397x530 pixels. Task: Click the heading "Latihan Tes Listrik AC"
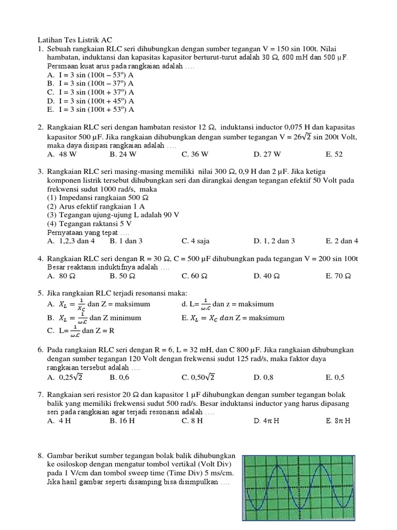point(74,40)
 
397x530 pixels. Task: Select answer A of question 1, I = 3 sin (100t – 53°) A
point(90,74)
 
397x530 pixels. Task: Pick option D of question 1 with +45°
point(90,100)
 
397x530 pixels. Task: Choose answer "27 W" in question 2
point(267,154)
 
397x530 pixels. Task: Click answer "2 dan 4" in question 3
point(342,241)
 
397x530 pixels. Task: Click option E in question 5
point(233,317)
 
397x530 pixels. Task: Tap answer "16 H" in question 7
point(123,421)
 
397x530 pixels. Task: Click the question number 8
point(40,455)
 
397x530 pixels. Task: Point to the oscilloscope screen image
point(298,488)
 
